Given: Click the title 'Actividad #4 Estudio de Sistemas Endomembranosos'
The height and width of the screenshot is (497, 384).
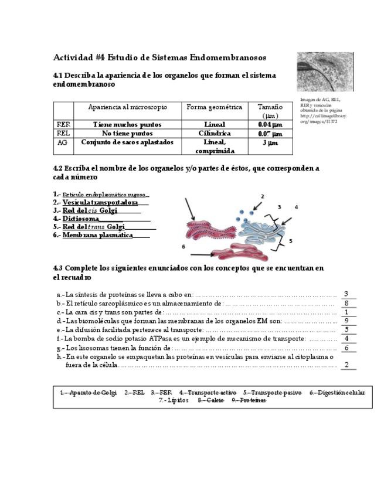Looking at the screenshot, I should [159, 57].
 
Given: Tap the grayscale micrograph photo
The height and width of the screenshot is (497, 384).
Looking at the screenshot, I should [325, 72].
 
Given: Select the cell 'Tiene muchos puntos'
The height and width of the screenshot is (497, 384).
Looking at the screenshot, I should [127, 125].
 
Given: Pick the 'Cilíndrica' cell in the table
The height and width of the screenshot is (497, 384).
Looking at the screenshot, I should [215, 134].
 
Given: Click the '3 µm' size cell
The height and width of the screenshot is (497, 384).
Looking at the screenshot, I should [270, 142].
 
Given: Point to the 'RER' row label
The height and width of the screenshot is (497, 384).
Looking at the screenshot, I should [63, 125].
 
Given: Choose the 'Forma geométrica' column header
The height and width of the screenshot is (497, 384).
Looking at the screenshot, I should [215, 107].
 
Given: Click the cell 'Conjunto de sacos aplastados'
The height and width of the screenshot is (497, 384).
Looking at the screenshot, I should [127, 142].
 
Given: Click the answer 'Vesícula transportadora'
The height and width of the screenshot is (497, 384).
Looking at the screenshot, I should [100, 202].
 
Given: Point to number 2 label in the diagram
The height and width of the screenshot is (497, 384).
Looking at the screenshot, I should [262, 196].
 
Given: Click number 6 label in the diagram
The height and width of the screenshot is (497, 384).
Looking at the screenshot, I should [183, 247].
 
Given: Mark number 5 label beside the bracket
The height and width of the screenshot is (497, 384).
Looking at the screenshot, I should [290, 241].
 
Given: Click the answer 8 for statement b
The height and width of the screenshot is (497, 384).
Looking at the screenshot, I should [347, 304].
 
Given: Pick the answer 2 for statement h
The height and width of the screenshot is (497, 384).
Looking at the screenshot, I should [347, 365].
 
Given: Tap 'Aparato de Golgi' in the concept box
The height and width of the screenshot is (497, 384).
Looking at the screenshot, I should [88, 393].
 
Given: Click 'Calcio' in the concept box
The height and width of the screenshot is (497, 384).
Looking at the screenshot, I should [210, 400].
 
